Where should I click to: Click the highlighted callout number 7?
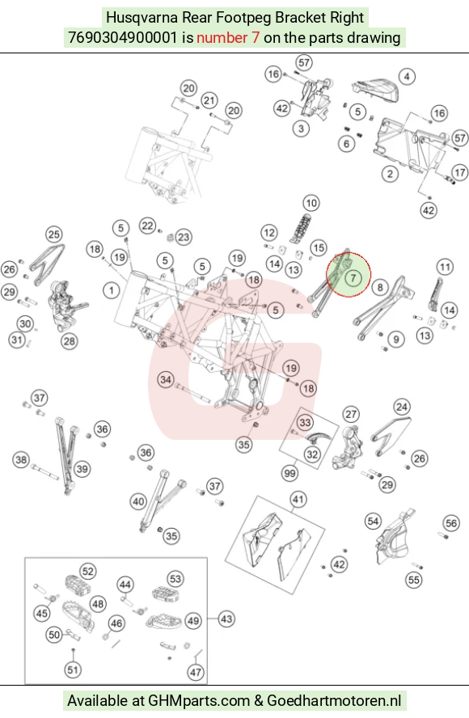coord(353,277)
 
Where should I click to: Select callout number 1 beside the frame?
coord(112,290)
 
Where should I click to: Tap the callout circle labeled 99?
coord(290,472)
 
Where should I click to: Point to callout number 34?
coord(166,379)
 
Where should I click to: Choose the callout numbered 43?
coord(226,619)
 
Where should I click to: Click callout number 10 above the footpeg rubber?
coord(311,203)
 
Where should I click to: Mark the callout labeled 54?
coord(374,521)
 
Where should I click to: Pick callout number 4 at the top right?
coord(407,76)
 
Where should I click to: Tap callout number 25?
coord(54,234)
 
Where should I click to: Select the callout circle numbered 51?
coord(73,670)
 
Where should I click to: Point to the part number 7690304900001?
coord(122,37)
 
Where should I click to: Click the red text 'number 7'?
coord(228,37)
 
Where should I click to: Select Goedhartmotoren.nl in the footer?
coord(334,700)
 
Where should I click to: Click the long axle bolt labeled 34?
coord(192,393)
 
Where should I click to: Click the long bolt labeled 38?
coord(45,471)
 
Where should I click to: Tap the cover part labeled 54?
coord(394,538)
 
